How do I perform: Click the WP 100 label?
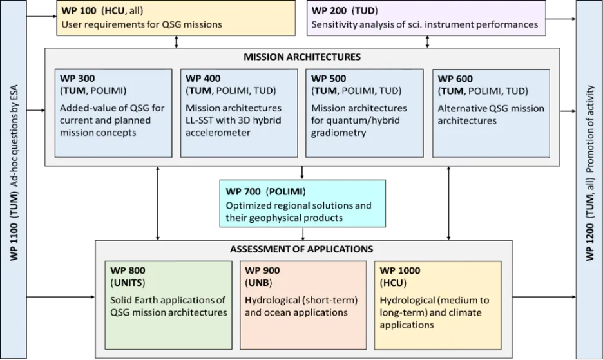79,10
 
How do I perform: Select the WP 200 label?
329,10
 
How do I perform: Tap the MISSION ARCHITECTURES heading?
302,57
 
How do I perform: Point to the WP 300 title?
77,78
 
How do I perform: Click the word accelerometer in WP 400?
218,133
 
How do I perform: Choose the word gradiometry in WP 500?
338,133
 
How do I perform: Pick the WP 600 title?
455,79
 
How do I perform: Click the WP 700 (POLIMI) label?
265,191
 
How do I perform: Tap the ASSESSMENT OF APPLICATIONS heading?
301,249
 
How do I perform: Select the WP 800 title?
128,270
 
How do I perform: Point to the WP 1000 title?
400,270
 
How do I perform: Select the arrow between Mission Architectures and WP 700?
302,173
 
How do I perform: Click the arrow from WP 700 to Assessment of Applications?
303,234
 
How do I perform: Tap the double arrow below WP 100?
177,42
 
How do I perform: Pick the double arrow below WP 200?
427,42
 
